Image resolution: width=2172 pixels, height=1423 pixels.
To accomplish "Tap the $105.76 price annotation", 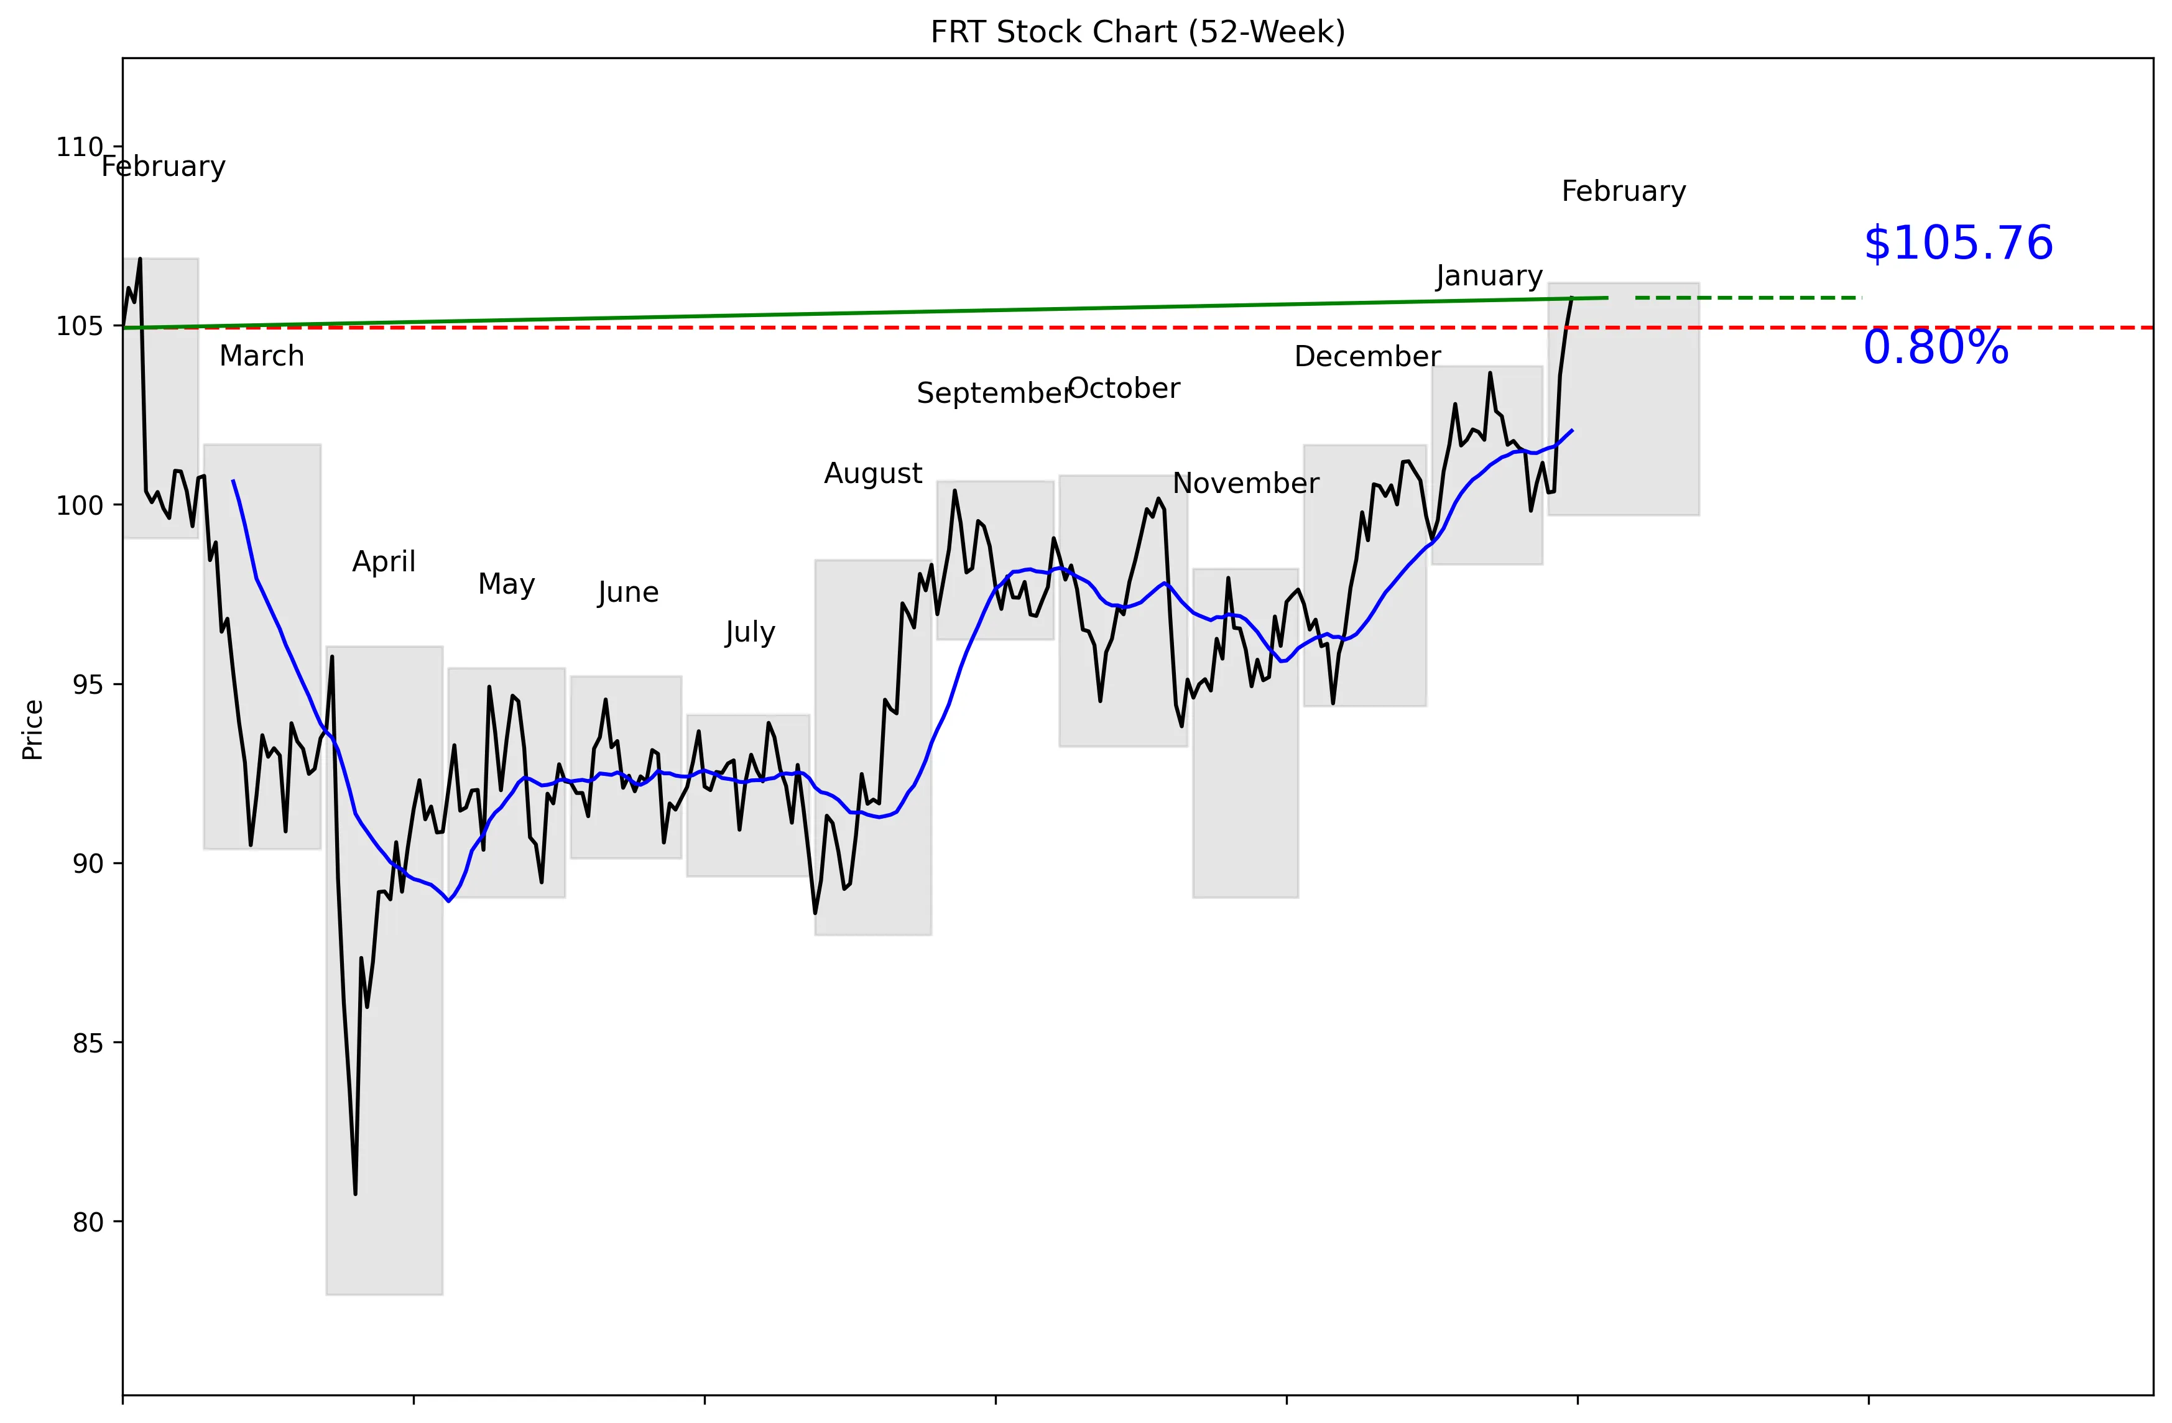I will coord(1957,244).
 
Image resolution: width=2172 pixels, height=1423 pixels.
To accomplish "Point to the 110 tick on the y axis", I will coord(80,147).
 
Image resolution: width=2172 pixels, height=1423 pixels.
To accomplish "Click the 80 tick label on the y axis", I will coord(88,1222).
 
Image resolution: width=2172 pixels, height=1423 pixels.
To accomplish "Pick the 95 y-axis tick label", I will coord(88,685).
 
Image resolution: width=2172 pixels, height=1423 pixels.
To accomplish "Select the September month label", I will coord(993,393).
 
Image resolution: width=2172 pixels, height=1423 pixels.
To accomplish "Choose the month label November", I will coord(1245,484).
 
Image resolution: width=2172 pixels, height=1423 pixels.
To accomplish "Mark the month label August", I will coord(872,474).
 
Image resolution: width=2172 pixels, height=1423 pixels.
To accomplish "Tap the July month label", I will coord(749,632).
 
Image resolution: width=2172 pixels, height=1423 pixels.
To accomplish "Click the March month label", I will coord(261,356).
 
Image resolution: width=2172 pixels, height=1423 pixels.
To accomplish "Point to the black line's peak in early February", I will coord(140,259).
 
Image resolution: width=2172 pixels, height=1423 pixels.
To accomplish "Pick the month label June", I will coord(628,593).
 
